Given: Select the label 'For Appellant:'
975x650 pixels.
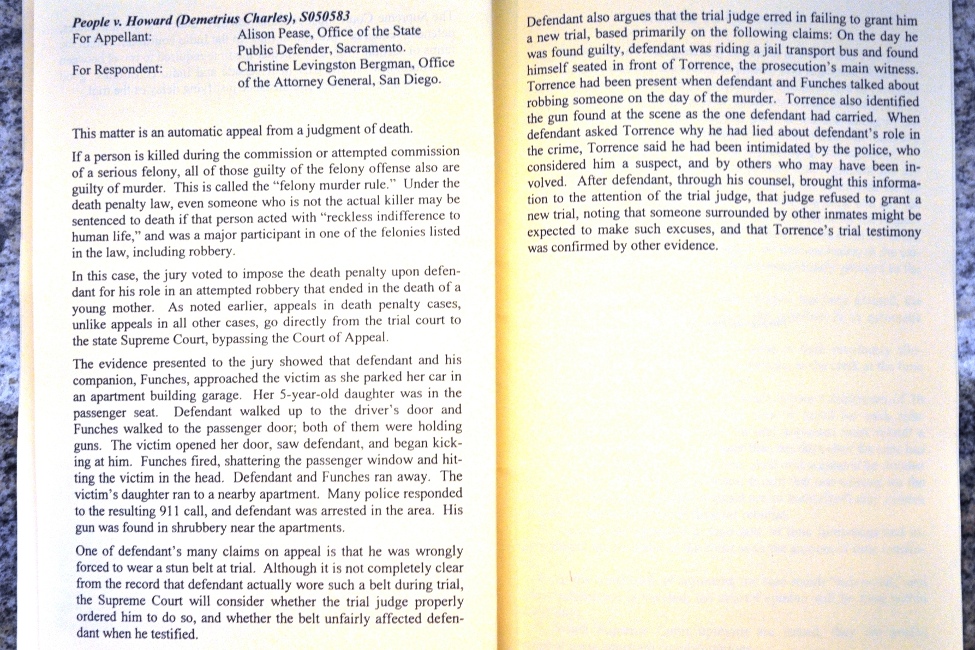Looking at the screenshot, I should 111,38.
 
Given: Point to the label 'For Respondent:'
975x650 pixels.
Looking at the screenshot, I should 117,70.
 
